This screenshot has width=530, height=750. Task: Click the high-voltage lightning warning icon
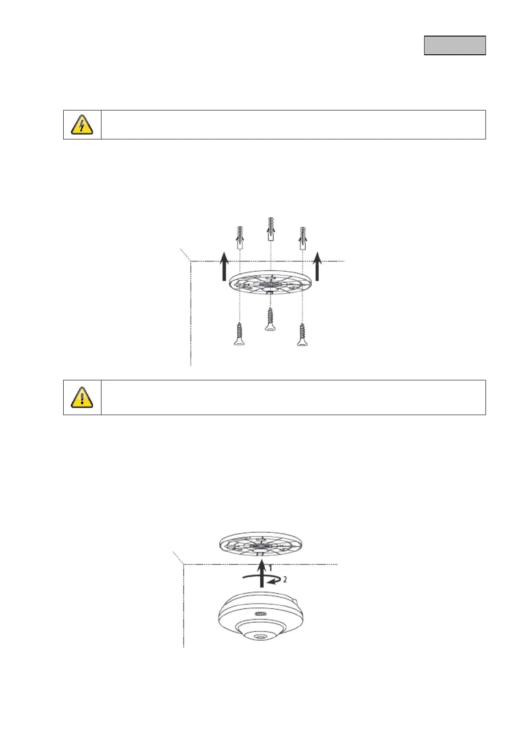click(x=82, y=125)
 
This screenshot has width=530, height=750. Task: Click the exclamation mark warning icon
click(x=82, y=397)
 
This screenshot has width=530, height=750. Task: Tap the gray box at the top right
click(x=454, y=45)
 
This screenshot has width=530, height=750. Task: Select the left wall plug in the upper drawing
click(x=239, y=237)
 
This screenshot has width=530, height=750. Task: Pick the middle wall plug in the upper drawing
click(x=271, y=229)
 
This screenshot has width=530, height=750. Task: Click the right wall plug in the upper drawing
click(x=303, y=238)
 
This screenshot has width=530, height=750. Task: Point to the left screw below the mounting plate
click(x=239, y=334)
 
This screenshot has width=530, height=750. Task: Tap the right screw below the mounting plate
click(x=303, y=334)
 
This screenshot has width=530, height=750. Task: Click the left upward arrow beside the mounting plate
click(x=225, y=265)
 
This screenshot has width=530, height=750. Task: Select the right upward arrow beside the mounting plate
click(x=317, y=265)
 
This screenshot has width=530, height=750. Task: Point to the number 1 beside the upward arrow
click(x=270, y=568)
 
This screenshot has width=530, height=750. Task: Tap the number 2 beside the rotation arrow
click(x=285, y=579)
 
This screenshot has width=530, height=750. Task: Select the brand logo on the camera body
click(x=260, y=613)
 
